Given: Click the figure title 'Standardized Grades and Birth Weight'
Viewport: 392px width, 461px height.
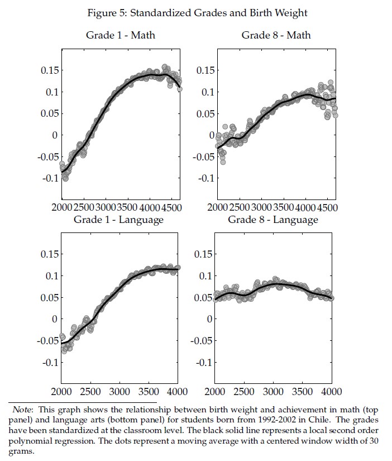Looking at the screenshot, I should [223, 12].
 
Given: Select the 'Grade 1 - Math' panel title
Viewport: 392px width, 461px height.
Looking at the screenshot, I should [121, 35].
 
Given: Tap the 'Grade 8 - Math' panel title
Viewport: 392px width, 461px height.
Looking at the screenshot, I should [276, 35].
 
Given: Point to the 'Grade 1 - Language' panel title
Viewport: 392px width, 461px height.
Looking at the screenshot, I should [118, 220].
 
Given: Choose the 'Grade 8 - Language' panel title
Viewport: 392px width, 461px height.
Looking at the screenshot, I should [273, 220].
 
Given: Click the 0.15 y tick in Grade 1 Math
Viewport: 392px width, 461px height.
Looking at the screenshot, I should [47, 70].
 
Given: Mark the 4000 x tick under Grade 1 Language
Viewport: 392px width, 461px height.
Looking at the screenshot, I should [178, 391].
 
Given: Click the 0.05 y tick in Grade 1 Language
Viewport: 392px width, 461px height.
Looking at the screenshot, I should [47, 297].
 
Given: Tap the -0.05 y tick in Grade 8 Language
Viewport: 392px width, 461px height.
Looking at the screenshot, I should [200, 341].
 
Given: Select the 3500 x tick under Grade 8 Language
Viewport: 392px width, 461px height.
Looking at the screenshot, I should [303, 391].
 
